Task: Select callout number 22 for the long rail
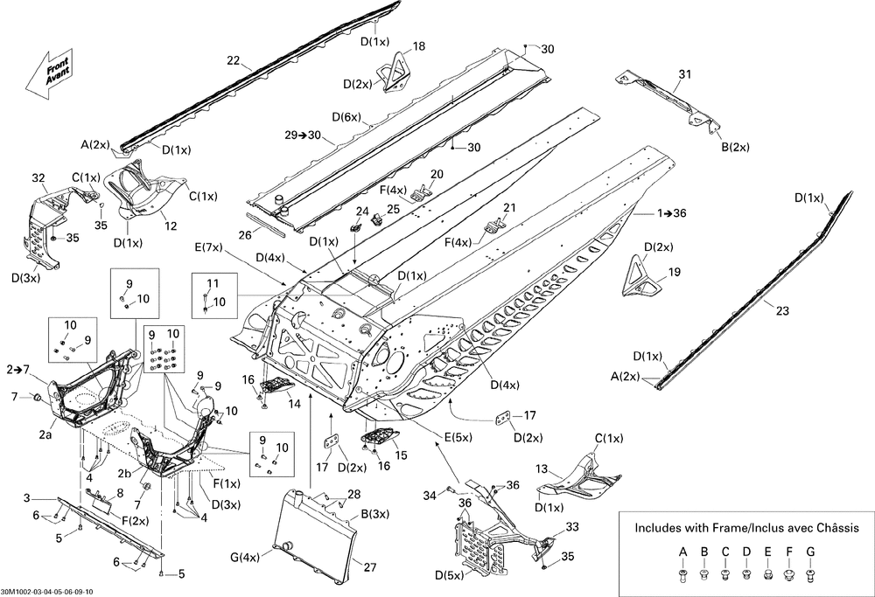pos(233,60)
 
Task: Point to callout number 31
pos(684,74)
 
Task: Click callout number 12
pos(171,226)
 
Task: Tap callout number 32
pos(38,177)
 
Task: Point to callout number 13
pos(542,469)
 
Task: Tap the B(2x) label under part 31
pos(735,147)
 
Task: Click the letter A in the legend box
pos(682,551)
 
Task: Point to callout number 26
pos(244,234)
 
